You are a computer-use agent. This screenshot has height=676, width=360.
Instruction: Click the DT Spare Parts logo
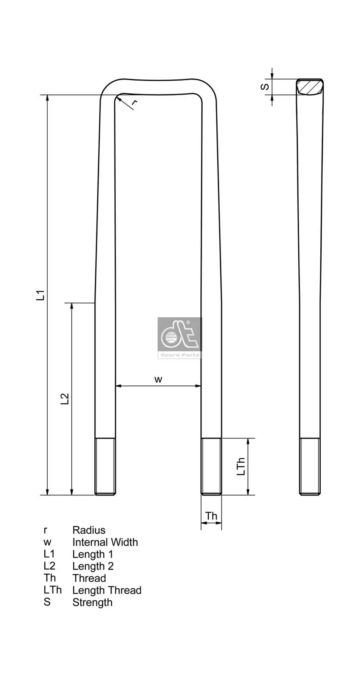(180, 338)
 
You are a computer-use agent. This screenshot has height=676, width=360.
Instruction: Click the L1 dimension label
(41, 295)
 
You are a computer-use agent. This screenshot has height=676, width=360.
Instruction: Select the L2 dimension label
(65, 399)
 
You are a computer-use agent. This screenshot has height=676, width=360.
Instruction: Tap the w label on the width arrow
(158, 379)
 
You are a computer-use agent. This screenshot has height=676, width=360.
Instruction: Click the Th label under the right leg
(211, 516)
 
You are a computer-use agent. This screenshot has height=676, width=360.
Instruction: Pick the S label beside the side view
(265, 87)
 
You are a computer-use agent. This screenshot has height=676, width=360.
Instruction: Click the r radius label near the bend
(134, 103)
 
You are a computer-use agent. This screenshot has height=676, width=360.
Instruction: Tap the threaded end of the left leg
(105, 466)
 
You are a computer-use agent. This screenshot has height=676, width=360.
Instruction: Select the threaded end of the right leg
(211, 466)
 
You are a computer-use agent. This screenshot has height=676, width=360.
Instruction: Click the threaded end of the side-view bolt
(310, 466)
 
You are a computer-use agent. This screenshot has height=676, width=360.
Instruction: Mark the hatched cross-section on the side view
(310, 87)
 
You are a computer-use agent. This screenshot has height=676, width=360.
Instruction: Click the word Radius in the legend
(89, 530)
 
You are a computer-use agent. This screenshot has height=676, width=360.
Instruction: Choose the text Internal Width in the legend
(105, 542)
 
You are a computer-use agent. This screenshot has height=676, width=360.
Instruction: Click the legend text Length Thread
(106, 590)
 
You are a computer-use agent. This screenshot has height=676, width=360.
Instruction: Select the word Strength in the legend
(92, 602)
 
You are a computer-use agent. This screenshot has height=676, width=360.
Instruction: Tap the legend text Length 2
(93, 566)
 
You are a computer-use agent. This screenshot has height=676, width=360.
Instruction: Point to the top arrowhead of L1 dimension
(47, 98)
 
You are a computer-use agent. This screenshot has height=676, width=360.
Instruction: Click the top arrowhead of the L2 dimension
(72, 306)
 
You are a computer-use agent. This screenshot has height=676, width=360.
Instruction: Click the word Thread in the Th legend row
(89, 578)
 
